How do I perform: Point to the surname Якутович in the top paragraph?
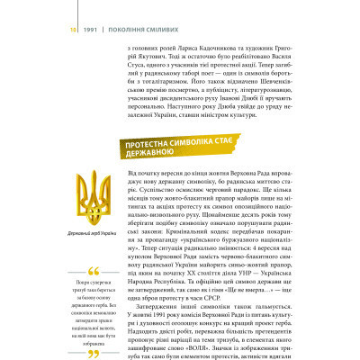pos(160,41)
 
